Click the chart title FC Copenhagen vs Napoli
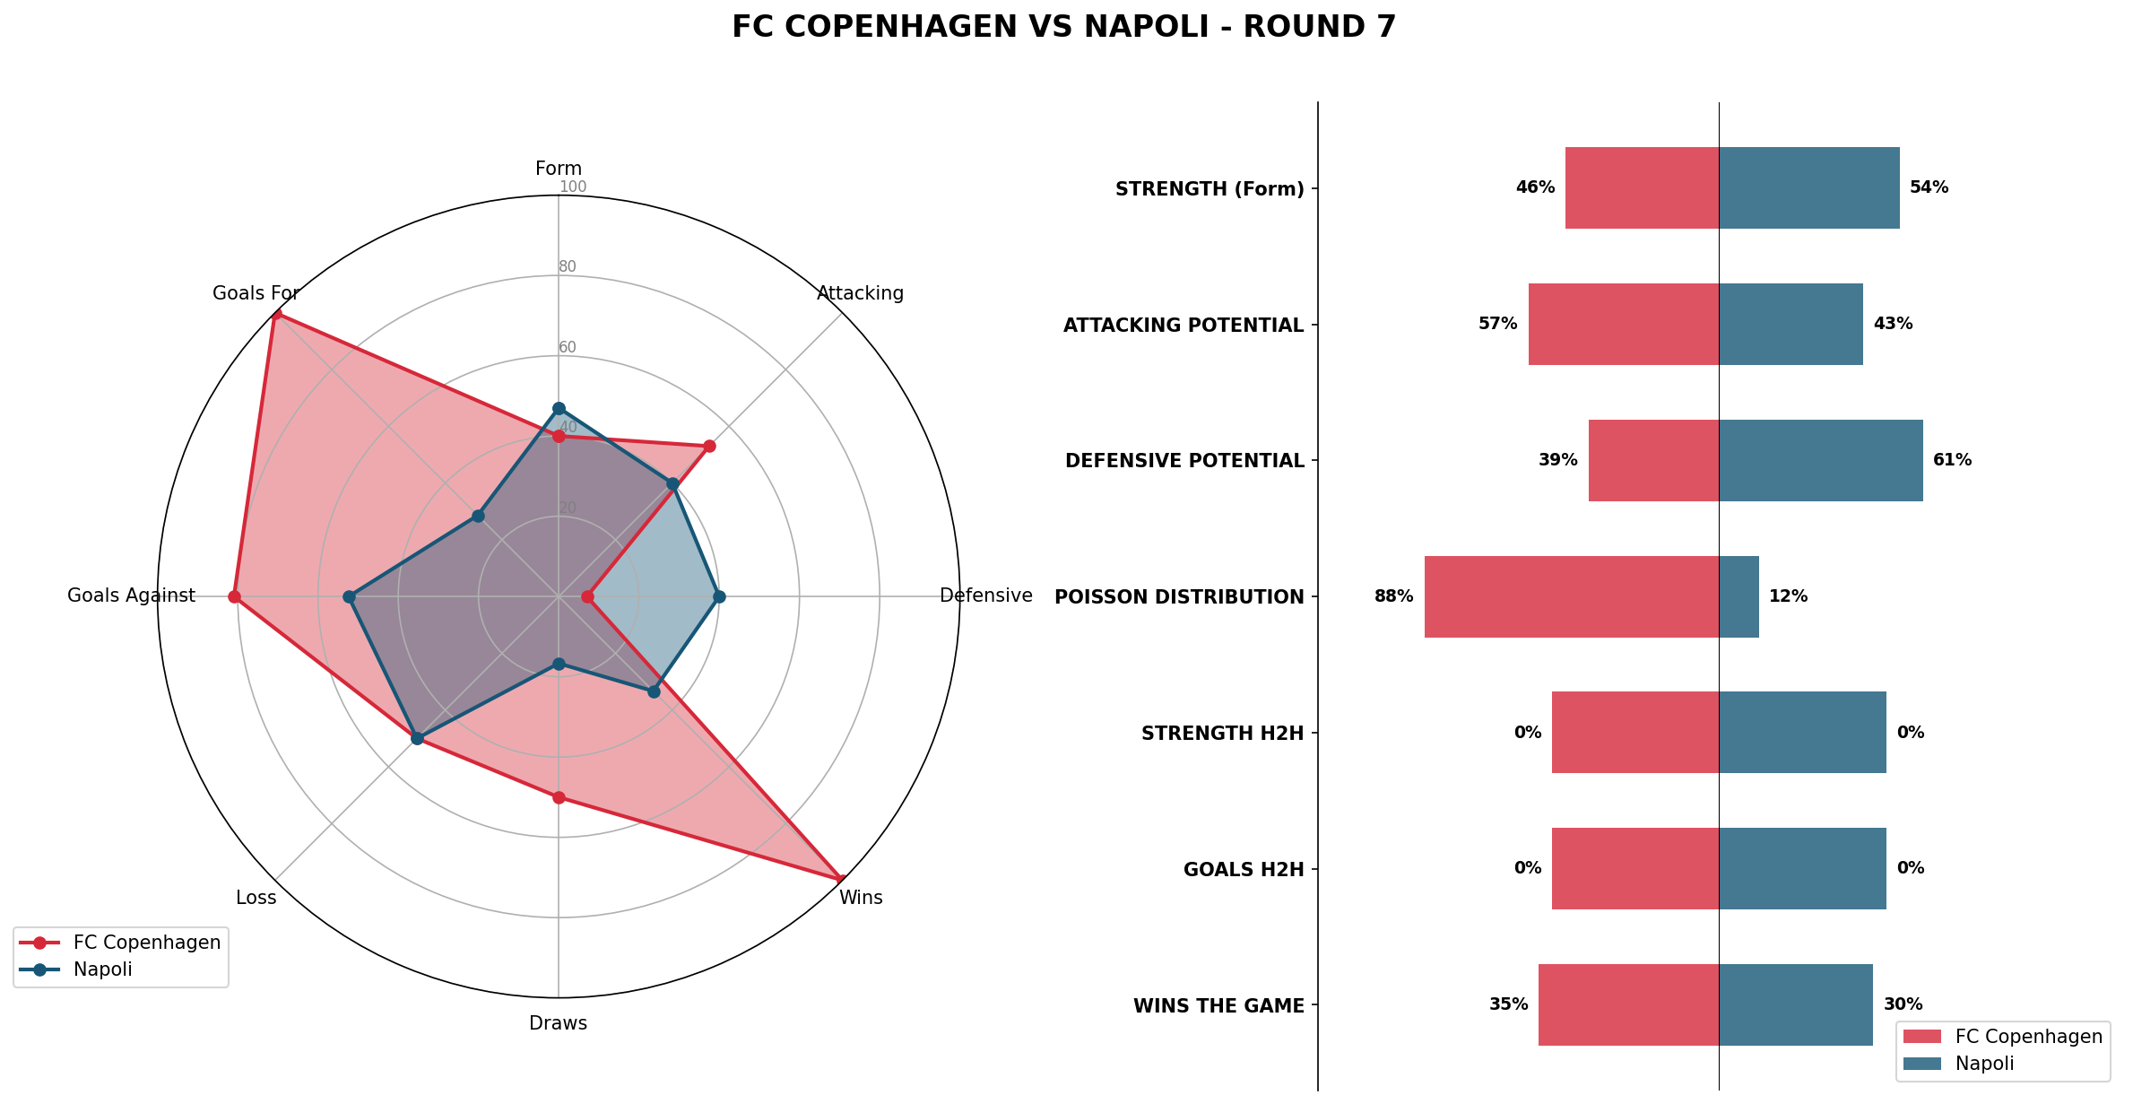pyautogui.click(x=1063, y=27)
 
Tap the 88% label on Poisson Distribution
pyautogui.click(x=1393, y=596)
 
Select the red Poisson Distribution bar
pyautogui.click(x=1571, y=596)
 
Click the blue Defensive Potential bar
pyautogui.click(x=1820, y=460)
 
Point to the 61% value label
pyautogui.click(x=1952, y=460)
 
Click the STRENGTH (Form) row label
pyautogui.click(x=1209, y=189)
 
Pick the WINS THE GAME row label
pyautogui.click(x=1218, y=1006)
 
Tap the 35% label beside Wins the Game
pyautogui.click(x=1508, y=1004)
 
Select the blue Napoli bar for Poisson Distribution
pyautogui.click(x=1738, y=596)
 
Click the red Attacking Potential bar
pyautogui.click(x=1623, y=324)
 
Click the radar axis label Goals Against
pyautogui.click(x=131, y=596)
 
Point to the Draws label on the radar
pyautogui.click(x=558, y=1023)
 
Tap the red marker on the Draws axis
pyautogui.click(x=559, y=797)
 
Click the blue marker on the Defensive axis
pyautogui.click(x=718, y=596)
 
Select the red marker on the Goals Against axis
pyautogui.click(x=234, y=596)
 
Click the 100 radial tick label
pyautogui.click(x=573, y=187)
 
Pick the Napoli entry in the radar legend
pyautogui.click(x=102, y=969)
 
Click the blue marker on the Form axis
pyautogui.click(x=559, y=408)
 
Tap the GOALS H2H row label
pyautogui.click(x=1243, y=870)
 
